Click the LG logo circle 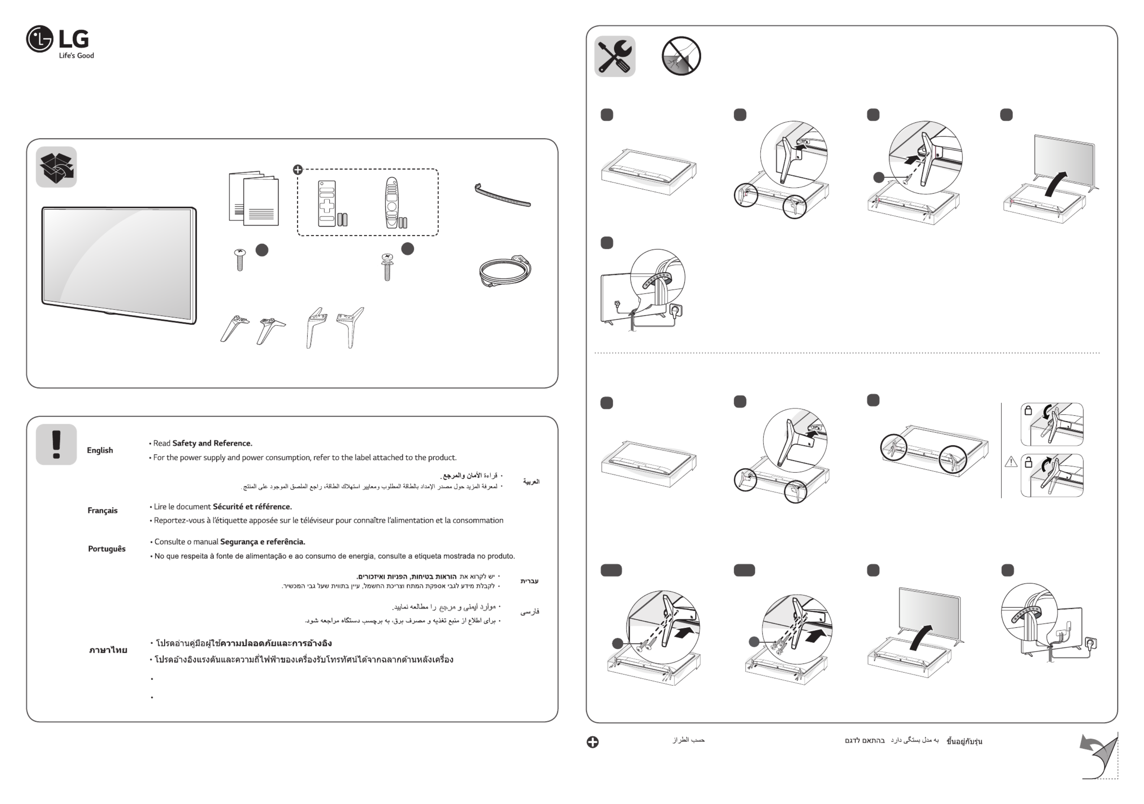(x=39, y=39)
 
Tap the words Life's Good (x=76, y=55)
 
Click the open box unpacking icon (x=56, y=167)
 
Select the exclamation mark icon (x=56, y=444)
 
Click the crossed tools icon (x=614, y=56)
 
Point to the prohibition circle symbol (x=681, y=56)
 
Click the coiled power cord (x=505, y=271)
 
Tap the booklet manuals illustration (x=253, y=199)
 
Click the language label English (x=100, y=450)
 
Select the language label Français (x=102, y=510)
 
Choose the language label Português (x=107, y=549)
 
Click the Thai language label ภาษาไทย (x=108, y=650)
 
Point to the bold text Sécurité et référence (x=252, y=506)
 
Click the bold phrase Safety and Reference (x=212, y=443)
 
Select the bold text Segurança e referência (x=263, y=542)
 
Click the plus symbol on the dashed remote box (x=298, y=169)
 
